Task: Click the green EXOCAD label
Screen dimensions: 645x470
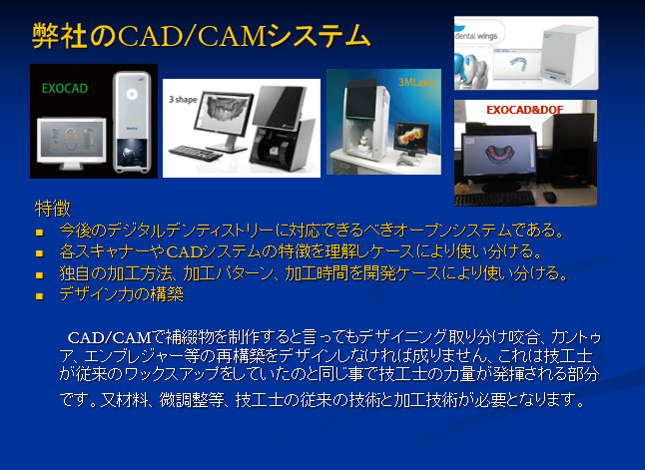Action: pos(65,89)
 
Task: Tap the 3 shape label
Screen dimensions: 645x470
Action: pos(183,100)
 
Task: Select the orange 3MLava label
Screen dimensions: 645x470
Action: pos(416,82)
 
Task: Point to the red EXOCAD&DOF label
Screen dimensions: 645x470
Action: pos(524,110)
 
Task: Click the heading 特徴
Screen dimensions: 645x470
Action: pos(53,209)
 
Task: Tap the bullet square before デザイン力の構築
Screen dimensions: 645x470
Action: pos(40,296)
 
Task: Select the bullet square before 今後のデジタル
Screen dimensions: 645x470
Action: pos(40,233)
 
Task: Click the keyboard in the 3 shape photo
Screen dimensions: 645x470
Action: pos(196,153)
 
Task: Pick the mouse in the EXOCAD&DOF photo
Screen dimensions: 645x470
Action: pos(549,197)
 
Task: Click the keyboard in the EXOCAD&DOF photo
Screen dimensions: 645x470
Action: pos(494,199)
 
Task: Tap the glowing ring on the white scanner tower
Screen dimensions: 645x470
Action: pos(132,94)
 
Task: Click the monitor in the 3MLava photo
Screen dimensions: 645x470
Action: pos(410,138)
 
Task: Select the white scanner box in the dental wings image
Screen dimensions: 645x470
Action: pos(567,56)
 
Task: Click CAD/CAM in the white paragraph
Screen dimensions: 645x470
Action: pos(110,338)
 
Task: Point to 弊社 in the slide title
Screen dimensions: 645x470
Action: pos(60,36)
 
